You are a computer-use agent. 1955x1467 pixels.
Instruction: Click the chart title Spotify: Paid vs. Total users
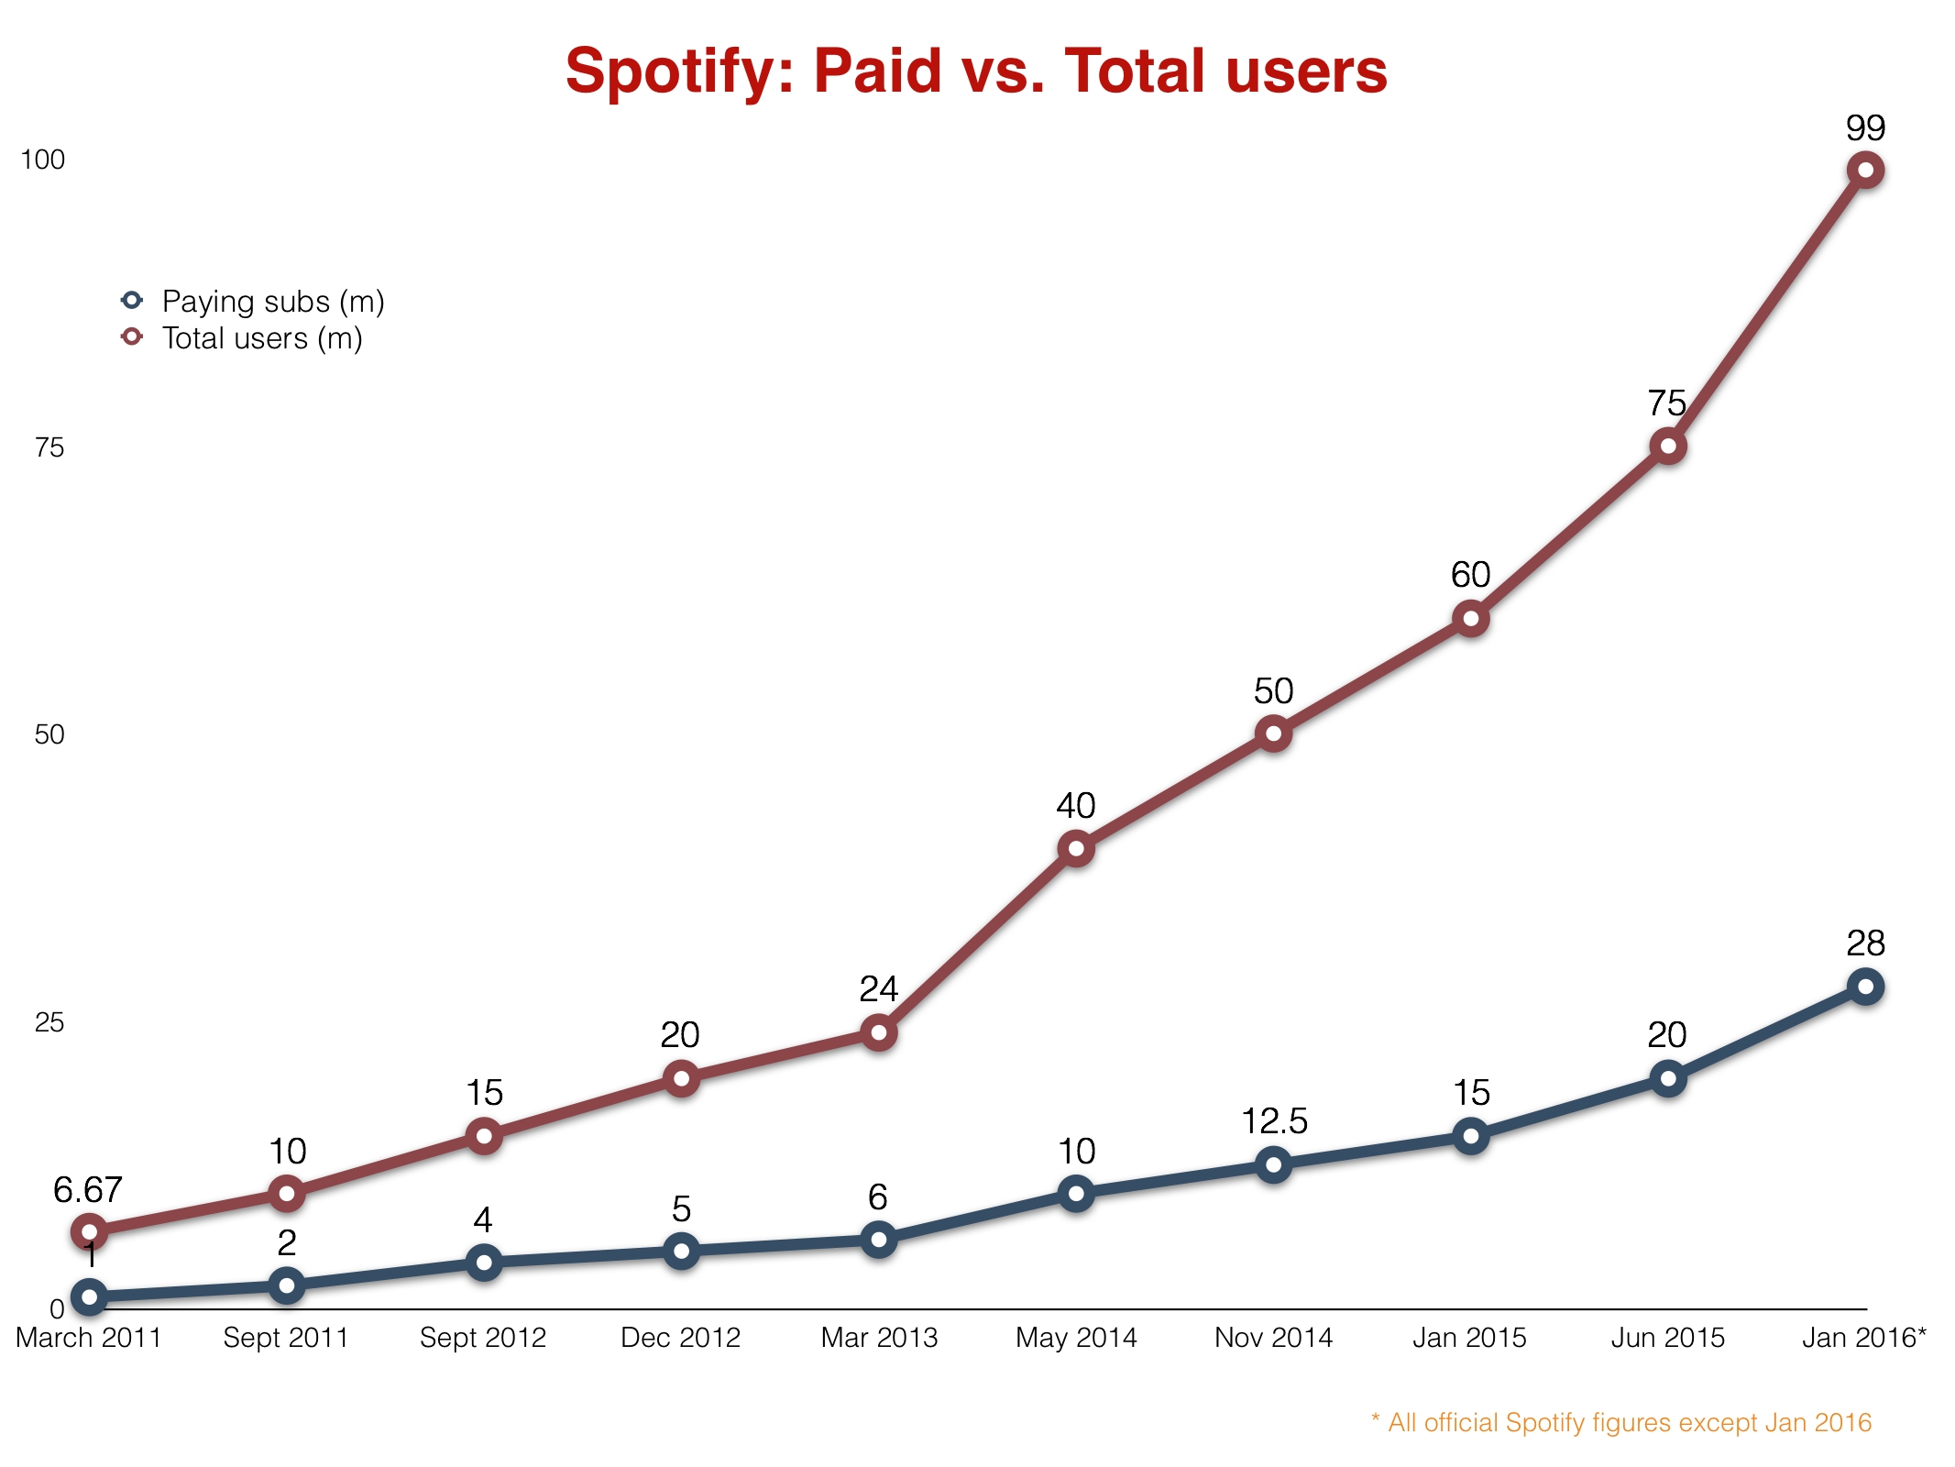coord(976,72)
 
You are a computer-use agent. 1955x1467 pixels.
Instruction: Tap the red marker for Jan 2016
coord(1865,170)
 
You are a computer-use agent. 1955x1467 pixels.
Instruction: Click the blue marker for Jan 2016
coord(1865,987)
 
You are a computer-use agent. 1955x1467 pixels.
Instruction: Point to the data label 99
coord(1865,127)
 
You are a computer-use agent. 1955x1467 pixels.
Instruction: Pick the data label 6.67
coord(87,1190)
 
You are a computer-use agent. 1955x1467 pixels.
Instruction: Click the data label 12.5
coord(1274,1120)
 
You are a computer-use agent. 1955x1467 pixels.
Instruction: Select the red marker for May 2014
coord(1076,848)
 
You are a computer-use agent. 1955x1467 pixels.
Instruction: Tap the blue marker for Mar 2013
coord(878,1240)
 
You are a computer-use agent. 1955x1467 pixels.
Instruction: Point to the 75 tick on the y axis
coord(49,447)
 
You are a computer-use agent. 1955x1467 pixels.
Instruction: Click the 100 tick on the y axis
coord(43,160)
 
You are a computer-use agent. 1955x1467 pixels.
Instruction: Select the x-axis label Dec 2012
coord(680,1338)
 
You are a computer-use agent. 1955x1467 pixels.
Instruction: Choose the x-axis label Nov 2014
coord(1273,1338)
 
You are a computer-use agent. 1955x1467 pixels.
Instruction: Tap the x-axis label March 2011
coord(88,1338)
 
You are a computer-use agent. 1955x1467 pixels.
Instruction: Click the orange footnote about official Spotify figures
coord(1620,1422)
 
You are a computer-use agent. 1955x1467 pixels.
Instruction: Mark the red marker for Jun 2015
coord(1668,447)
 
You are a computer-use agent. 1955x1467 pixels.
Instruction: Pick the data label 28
coord(1865,943)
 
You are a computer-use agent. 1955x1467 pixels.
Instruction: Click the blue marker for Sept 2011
coord(286,1285)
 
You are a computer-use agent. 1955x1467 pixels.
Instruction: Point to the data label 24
coord(878,988)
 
